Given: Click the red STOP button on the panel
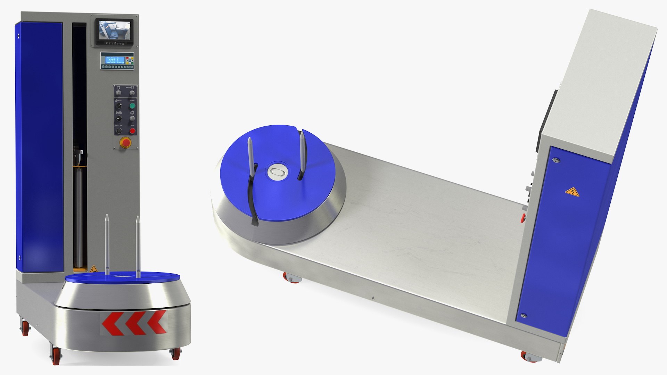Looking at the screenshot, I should tap(132, 131).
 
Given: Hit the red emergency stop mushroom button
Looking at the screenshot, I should tap(125, 142).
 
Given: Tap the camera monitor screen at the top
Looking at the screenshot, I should tap(115, 30).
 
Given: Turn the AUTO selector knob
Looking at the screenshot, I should tap(119, 106).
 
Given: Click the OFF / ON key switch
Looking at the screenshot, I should tap(119, 131).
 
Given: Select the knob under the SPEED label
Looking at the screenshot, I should tap(132, 93).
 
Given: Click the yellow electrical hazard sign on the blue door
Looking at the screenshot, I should tap(572, 192).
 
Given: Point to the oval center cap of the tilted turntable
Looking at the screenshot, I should tap(277, 172).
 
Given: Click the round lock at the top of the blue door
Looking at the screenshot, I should tap(556, 160).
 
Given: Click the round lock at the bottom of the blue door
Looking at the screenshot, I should tap(523, 316).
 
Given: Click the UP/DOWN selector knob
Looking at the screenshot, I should tap(119, 118).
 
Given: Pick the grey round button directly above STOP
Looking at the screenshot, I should tap(132, 118).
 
